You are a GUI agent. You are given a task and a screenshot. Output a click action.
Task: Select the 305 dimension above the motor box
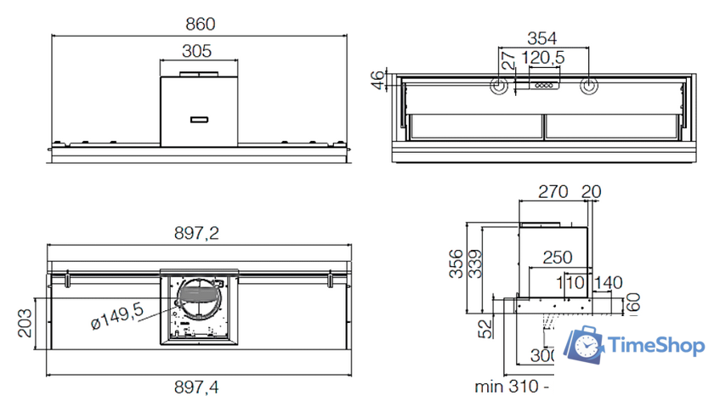click(x=197, y=51)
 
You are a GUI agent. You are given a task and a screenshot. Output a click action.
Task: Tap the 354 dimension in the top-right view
click(x=542, y=37)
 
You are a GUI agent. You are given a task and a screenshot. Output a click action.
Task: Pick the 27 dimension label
click(x=507, y=60)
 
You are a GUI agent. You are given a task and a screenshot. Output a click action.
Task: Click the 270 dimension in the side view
click(x=553, y=192)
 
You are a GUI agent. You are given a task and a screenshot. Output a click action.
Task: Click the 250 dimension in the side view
click(x=557, y=257)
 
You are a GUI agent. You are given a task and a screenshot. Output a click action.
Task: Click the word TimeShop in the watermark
click(x=656, y=346)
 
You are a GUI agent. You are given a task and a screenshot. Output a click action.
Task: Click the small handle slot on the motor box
click(x=201, y=119)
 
